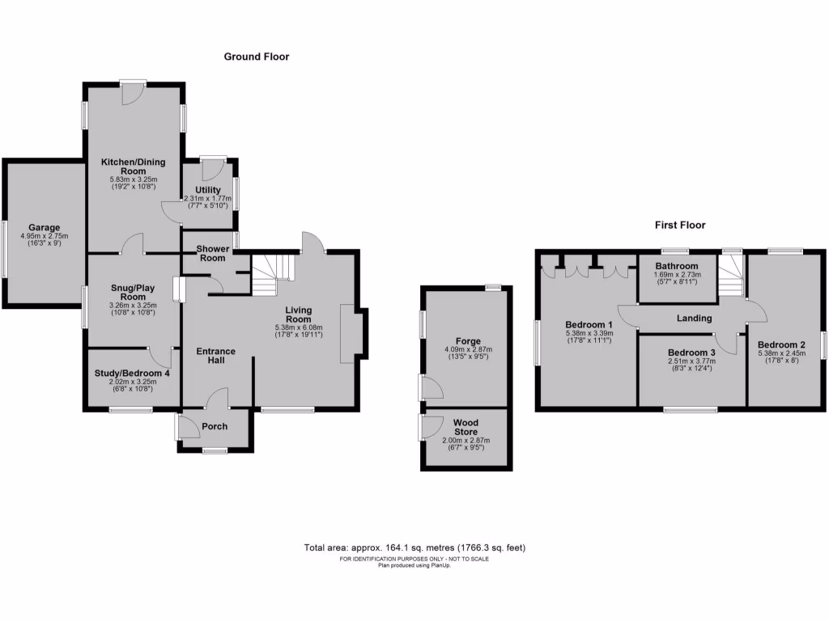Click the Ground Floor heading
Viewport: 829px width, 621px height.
pyautogui.click(x=257, y=57)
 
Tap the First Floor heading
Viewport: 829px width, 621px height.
pyautogui.click(x=680, y=226)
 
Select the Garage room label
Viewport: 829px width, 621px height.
pyautogui.click(x=45, y=228)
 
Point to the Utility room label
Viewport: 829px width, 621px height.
pyautogui.click(x=202, y=190)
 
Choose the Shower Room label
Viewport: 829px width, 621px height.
pyautogui.click(x=208, y=253)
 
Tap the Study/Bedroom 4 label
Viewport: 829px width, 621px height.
pyautogui.click(x=132, y=374)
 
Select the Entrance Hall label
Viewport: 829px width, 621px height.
pyautogui.click(x=216, y=356)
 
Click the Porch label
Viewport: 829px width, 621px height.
pyautogui.click(x=215, y=427)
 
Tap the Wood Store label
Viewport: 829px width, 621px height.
pyautogui.click(x=466, y=426)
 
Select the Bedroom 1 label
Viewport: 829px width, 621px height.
pyautogui.click(x=588, y=323)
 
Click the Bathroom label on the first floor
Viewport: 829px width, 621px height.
pyautogui.click(x=677, y=266)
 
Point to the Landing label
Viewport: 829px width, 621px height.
pyautogui.click(x=695, y=319)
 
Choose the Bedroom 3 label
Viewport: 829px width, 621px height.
pyautogui.click(x=691, y=353)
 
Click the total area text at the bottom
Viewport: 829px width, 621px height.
pyautogui.click(x=414, y=547)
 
